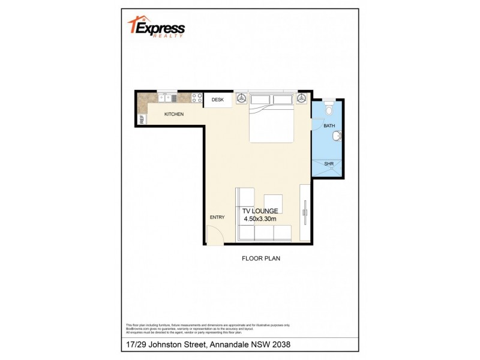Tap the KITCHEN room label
point(174,114)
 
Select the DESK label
point(217,100)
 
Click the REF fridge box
point(142,119)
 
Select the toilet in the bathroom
point(328,109)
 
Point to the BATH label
point(329,126)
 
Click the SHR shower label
point(329,163)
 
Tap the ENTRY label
point(217,217)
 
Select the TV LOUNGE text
point(259,211)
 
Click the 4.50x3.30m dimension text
point(260,220)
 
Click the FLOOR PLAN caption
point(261,259)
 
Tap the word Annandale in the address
point(229,346)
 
